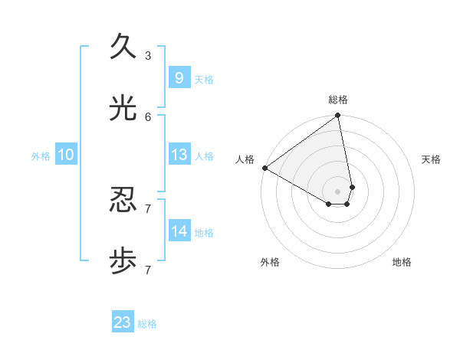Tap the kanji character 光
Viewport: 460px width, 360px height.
point(123,109)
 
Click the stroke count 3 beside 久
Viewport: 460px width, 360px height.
point(148,55)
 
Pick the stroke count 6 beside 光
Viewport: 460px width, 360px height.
point(148,116)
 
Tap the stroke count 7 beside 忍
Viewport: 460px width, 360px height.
point(148,208)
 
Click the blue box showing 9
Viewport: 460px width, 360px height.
point(179,77)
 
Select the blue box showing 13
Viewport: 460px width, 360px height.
point(179,155)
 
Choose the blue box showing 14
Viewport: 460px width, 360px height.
point(179,231)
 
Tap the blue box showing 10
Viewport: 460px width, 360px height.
point(66,155)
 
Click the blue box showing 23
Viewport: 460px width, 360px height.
point(123,322)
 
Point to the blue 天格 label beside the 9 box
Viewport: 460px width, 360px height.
point(204,79)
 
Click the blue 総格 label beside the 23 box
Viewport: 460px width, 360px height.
point(147,324)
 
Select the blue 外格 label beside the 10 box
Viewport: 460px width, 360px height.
point(41,156)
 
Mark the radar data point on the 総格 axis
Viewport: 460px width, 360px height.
point(337,116)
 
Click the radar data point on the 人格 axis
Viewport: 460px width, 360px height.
point(264,168)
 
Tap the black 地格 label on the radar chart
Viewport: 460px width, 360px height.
point(402,262)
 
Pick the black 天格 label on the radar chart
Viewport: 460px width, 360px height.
point(432,159)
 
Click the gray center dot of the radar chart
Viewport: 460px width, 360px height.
point(337,191)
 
